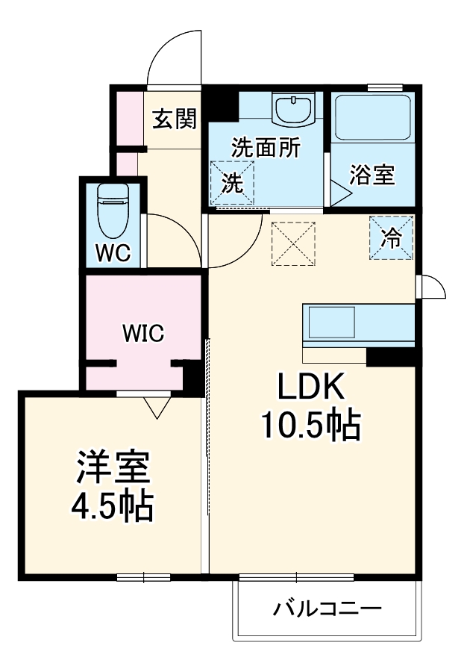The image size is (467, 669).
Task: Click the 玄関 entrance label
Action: tap(175, 119)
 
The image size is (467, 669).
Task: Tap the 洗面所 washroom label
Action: tap(266, 147)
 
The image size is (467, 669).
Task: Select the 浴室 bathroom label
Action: tap(372, 176)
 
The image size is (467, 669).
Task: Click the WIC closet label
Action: tap(142, 333)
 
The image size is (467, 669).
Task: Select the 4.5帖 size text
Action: tap(113, 506)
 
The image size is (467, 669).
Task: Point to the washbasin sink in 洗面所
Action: tap(292, 111)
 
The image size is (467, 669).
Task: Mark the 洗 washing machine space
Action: tap(233, 182)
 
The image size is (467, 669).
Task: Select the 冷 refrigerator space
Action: tap(391, 238)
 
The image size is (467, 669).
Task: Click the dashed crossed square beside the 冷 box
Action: tap(293, 244)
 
